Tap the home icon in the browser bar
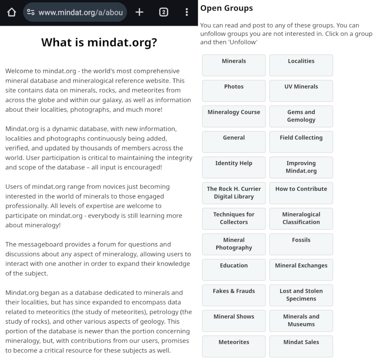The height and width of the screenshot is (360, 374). coord(11,12)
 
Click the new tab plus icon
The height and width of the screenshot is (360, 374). coord(139,12)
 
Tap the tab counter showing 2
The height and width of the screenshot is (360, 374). coord(163,12)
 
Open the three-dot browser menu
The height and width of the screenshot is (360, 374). coord(187,12)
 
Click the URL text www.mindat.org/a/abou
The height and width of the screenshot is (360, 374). coord(80,12)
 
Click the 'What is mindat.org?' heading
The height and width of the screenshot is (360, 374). coord(99,42)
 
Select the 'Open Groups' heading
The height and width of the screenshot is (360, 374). coord(226,8)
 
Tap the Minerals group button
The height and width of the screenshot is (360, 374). coord(234,65)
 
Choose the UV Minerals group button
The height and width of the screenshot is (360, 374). coord(301,91)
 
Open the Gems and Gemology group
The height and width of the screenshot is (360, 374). coord(301,116)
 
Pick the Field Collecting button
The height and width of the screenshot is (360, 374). coord(301,142)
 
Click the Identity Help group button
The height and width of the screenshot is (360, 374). coord(234,167)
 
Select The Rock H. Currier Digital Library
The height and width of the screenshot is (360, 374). coord(234,193)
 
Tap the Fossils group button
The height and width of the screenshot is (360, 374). coord(301,244)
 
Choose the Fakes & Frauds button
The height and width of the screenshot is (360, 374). coord(234,295)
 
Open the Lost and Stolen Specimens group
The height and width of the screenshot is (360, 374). coord(301,295)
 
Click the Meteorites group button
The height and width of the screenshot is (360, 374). coord(234,346)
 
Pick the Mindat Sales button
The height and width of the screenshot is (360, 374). coord(301,346)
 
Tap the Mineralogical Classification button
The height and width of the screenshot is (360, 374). coord(301,219)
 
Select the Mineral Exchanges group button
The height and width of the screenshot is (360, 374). coord(301,270)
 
